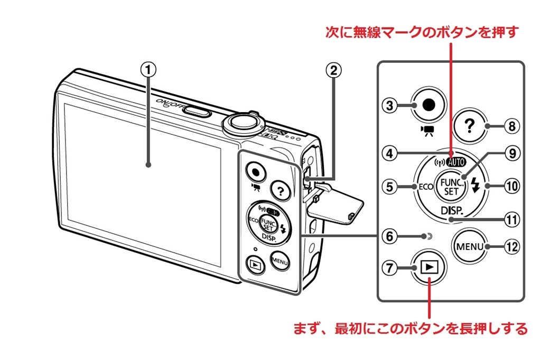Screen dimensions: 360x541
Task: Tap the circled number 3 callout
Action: point(390,105)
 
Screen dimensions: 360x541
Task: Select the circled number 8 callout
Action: point(510,126)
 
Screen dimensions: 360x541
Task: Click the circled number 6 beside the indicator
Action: point(390,236)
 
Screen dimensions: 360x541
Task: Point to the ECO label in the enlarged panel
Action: point(426,187)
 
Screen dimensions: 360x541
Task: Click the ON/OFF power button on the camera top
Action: point(197,110)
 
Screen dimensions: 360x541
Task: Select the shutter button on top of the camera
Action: point(241,123)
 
